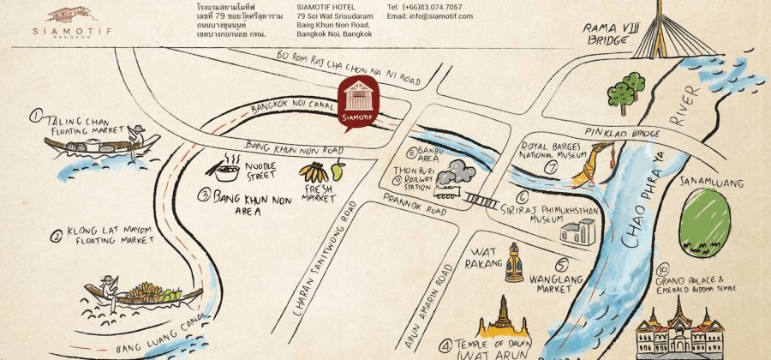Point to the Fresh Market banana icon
[314, 171]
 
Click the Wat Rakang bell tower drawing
[514, 262]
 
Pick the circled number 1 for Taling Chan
[36, 116]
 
